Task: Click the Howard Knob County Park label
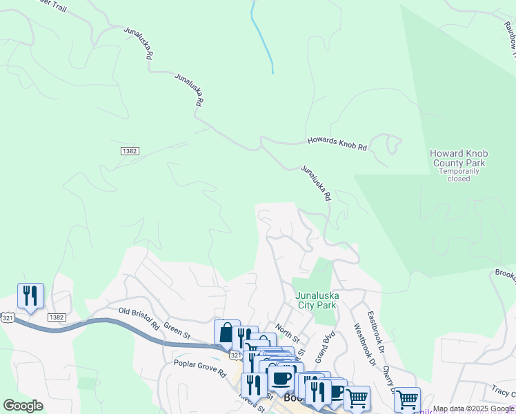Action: click(457, 158)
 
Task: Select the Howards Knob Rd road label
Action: click(337, 143)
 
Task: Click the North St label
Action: click(288, 334)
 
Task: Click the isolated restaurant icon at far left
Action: click(30, 296)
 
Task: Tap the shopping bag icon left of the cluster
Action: click(227, 333)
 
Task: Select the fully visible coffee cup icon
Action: click(281, 378)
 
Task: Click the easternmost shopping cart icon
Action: click(407, 398)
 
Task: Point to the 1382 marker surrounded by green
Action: click(129, 150)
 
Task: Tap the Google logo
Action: click(23, 406)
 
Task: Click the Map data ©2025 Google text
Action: click(473, 409)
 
